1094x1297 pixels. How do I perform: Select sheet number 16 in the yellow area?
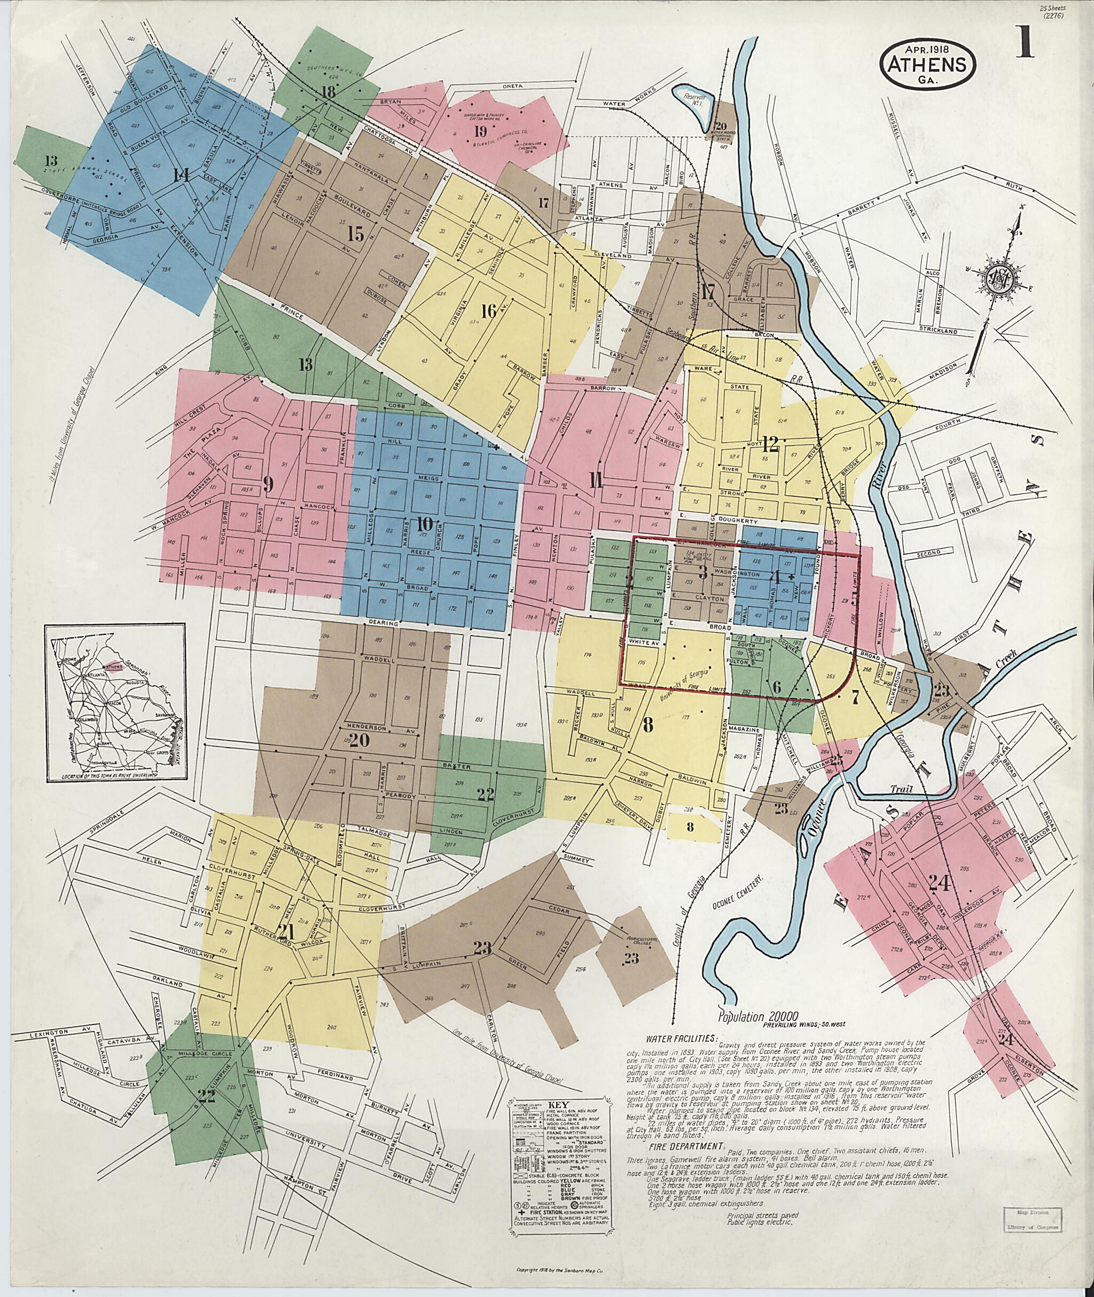(489, 311)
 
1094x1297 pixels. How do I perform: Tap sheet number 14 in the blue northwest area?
(181, 176)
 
